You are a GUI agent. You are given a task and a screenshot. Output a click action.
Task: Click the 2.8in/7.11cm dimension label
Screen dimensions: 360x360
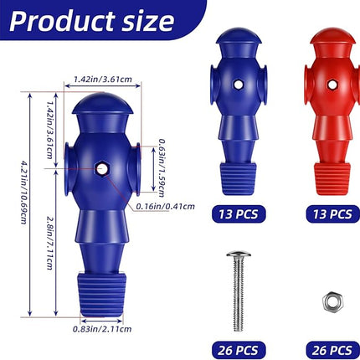click(x=53, y=239)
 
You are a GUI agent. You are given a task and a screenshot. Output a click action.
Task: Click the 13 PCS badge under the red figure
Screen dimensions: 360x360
click(x=321, y=213)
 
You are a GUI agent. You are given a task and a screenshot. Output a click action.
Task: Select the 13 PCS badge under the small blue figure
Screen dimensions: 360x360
click(x=238, y=213)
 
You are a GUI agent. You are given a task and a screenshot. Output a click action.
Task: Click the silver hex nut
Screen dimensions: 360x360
click(x=323, y=298)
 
